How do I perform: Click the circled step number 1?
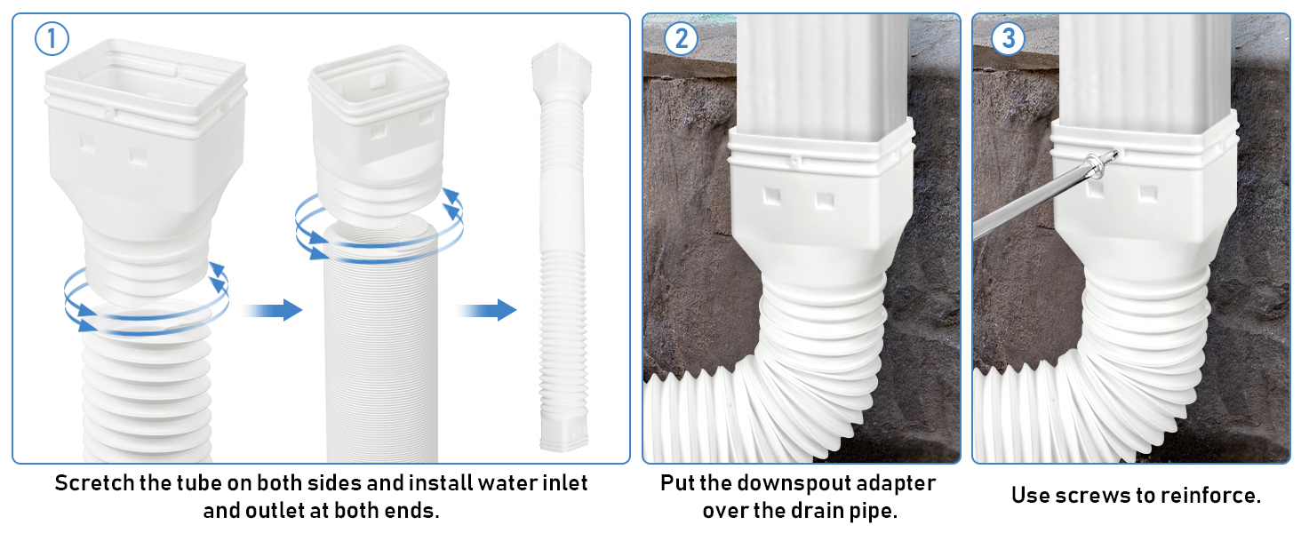click(52, 39)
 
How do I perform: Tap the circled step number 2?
click(681, 39)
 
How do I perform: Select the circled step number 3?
click(1008, 39)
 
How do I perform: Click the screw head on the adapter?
click(1100, 163)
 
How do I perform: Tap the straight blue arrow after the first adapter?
click(272, 310)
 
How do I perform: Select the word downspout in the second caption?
click(785, 484)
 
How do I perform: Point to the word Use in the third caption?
click(1031, 496)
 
